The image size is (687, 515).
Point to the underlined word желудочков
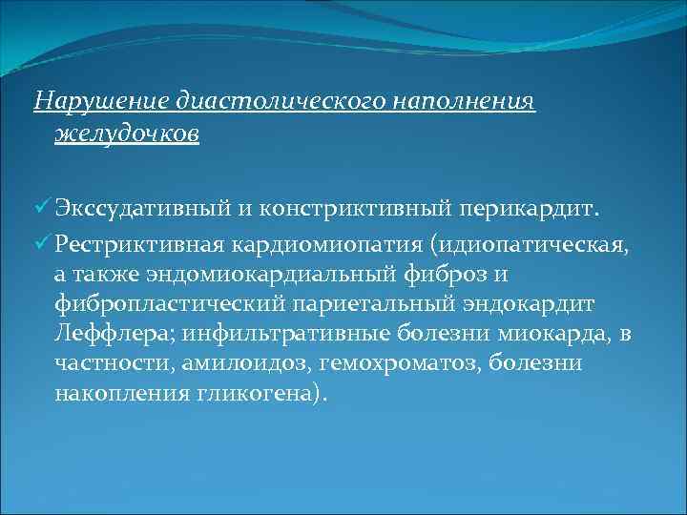pos(127,133)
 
